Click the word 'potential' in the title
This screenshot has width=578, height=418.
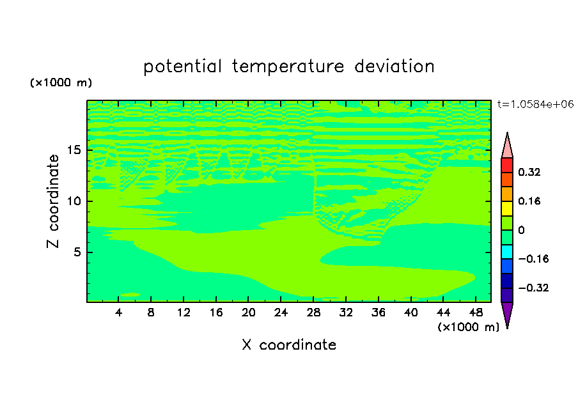[183, 67]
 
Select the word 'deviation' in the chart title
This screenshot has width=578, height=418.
[394, 66]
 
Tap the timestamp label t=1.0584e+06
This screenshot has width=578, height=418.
[535, 104]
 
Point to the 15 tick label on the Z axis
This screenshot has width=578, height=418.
[74, 150]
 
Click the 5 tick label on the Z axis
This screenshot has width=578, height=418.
[77, 252]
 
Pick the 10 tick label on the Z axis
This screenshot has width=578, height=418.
[74, 201]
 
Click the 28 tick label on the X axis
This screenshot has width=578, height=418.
[313, 313]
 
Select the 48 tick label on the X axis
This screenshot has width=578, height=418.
[476, 313]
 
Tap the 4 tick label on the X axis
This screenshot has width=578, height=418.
[118, 313]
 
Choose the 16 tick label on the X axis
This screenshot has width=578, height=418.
[216, 313]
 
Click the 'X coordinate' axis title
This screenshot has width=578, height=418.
[289, 344]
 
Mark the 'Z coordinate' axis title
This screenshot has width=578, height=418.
[53, 201]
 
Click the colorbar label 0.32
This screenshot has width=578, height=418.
[529, 172]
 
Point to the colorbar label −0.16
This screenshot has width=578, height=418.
[533, 259]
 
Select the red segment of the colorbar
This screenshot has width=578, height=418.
[507, 165]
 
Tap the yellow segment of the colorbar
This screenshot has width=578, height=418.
[507, 208]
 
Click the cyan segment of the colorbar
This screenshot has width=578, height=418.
[507, 252]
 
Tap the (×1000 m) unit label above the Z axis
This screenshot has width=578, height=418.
[61, 82]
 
